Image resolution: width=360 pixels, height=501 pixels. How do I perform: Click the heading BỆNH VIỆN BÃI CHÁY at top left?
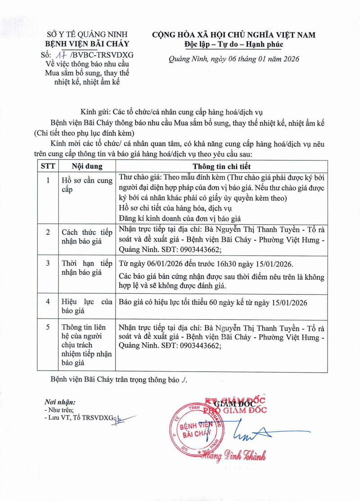click(x=88, y=44)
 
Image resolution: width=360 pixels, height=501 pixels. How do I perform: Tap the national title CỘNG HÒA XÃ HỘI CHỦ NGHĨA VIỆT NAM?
click(x=234, y=35)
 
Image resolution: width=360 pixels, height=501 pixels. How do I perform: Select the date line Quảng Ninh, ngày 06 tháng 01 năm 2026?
click(x=234, y=59)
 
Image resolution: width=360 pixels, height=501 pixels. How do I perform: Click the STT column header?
click(x=48, y=166)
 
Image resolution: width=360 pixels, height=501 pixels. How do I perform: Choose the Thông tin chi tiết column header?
click(x=221, y=166)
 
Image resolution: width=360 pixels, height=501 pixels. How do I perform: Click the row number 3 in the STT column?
click(x=48, y=263)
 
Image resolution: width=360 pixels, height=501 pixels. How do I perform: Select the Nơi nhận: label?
click(x=60, y=402)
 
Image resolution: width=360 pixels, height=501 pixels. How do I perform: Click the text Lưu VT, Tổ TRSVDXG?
click(x=81, y=418)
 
